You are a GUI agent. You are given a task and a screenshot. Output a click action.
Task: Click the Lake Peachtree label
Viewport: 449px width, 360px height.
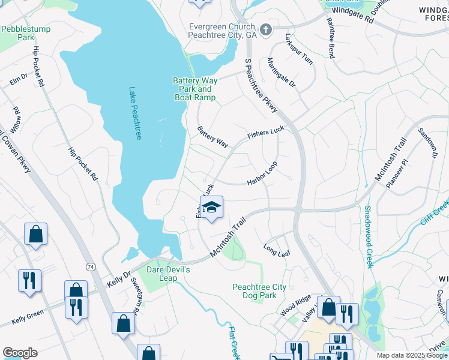point(135,114)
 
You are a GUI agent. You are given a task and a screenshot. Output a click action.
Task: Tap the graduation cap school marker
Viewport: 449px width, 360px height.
point(211,208)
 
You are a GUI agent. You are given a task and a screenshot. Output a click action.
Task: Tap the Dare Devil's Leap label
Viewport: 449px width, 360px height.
point(170,274)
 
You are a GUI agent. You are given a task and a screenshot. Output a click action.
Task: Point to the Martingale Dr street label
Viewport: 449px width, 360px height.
point(282,73)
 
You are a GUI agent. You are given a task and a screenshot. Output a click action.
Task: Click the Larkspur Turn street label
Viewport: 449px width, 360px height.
point(299,49)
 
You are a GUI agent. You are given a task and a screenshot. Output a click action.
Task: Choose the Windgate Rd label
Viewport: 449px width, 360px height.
point(352,15)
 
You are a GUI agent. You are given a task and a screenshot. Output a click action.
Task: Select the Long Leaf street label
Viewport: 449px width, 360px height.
point(277,250)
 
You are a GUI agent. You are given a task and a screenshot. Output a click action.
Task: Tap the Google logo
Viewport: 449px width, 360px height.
point(20,353)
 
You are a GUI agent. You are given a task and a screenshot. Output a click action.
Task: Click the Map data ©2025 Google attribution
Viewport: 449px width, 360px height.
point(411,355)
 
